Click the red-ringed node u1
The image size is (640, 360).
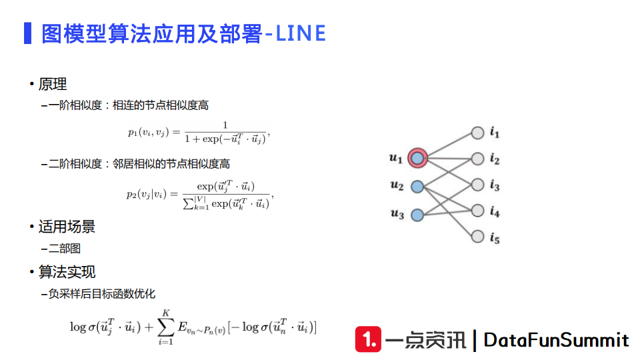tap(418, 158)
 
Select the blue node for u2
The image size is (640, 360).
tap(418, 187)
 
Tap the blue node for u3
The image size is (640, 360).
tap(418, 215)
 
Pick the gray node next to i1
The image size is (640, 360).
tap(477, 133)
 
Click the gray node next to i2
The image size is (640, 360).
tap(477, 159)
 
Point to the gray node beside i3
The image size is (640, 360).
tap(477, 185)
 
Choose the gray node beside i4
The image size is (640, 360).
tap(477, 211)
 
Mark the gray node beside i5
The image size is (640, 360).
tap(477, 237)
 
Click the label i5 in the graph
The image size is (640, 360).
tap(494, 238)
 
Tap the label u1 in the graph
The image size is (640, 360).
tap(396, 159)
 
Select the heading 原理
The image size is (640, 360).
tap(53, 85)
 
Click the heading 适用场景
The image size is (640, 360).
tap(67, 227)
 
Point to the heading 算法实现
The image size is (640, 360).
tap(67, 272)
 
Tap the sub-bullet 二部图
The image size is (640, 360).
tap(65, 249)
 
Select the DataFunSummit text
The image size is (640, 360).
tap(556, 340)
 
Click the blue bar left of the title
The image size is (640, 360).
tap(27, 33)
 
